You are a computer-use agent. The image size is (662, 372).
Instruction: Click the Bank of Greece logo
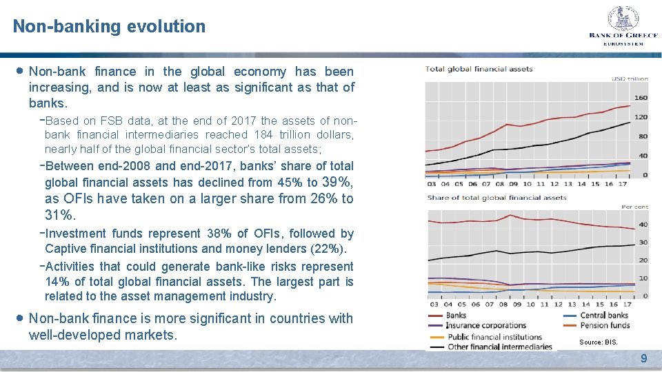coord(623,25)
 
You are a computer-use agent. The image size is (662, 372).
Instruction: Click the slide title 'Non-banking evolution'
coord(109,27)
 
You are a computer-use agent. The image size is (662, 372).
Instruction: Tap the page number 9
coord(643,358)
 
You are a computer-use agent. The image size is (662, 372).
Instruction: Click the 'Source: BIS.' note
coord(599,342)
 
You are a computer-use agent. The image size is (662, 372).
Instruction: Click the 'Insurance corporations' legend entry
coord(486,325)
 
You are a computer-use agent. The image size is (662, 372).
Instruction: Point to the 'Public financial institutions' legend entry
coord(494,337)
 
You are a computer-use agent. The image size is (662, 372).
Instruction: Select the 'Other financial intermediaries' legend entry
coord(500,347)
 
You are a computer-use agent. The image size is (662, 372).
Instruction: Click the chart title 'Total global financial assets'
coord(469,68)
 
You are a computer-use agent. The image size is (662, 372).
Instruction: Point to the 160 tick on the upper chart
coord(641,98)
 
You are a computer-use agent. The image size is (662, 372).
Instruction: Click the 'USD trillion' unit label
coord(630,79)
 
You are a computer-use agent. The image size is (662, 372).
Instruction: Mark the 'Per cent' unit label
coord(635,207)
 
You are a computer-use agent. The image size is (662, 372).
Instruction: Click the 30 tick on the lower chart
coord(643,242)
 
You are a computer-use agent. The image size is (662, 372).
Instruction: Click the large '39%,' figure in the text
coord(337,182)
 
